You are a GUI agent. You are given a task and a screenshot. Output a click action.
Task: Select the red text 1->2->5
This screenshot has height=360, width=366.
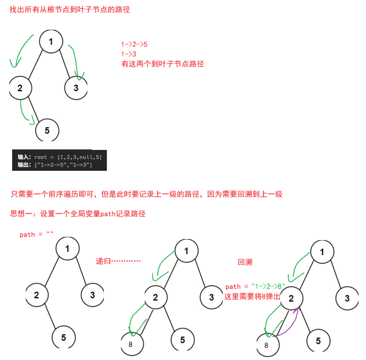134,44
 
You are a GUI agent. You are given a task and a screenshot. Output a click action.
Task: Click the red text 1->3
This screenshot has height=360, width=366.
129,54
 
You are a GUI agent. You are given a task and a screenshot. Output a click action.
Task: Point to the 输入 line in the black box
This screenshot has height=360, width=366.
59,157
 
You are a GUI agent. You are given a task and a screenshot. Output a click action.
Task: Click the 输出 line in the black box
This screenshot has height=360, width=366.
55,165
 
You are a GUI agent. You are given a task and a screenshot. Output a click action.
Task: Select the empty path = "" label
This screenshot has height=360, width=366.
36,234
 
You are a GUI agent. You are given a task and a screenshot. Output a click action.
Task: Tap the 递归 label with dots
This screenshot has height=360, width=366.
118,261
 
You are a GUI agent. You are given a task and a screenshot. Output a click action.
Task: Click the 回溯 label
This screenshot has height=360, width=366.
245,262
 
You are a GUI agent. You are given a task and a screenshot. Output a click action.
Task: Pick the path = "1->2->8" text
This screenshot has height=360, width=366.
255,286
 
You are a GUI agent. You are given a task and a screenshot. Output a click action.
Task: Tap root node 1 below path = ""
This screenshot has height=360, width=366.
67,248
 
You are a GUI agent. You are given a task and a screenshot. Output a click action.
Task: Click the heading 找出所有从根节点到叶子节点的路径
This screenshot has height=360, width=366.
70,10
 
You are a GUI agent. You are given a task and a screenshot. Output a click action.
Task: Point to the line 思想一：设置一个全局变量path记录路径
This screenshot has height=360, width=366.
78,214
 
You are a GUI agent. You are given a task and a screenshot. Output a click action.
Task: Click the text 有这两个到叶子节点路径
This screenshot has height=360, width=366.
163,64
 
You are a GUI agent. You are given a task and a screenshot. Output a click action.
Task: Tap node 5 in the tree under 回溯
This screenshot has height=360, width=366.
318,341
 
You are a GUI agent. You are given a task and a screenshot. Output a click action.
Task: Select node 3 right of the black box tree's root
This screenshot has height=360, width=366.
76,88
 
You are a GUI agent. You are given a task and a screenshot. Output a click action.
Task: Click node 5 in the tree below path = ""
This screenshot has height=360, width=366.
64,337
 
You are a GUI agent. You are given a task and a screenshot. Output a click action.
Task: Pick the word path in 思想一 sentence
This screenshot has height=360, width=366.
108,214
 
